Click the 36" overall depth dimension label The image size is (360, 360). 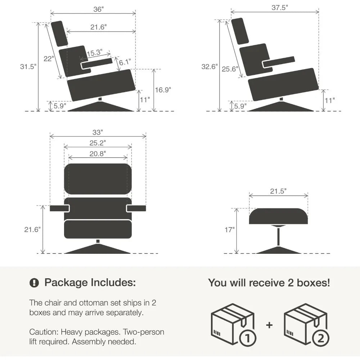tap(98, 9)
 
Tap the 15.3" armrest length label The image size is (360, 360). tap(95, 53)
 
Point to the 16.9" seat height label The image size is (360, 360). tap(163, 90)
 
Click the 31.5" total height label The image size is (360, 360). tap(28, 67)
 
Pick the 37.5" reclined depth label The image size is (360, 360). tap(280, 8)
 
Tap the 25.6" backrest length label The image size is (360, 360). tap(230, 69)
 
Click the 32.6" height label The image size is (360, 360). tap(210, 67)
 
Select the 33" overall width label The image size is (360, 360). tap(98, 132)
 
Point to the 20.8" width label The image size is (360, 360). tap(98, 154)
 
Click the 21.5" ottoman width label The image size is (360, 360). tap(278, 191)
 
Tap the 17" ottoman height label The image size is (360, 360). tap(230, 230)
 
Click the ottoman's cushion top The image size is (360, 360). tap(279, 216)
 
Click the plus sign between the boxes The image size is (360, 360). tap(269, 325)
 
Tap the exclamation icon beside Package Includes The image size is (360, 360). tap(34, 283)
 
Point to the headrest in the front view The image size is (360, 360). tap(98, 179)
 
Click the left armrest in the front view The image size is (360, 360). tap(59, 208)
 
